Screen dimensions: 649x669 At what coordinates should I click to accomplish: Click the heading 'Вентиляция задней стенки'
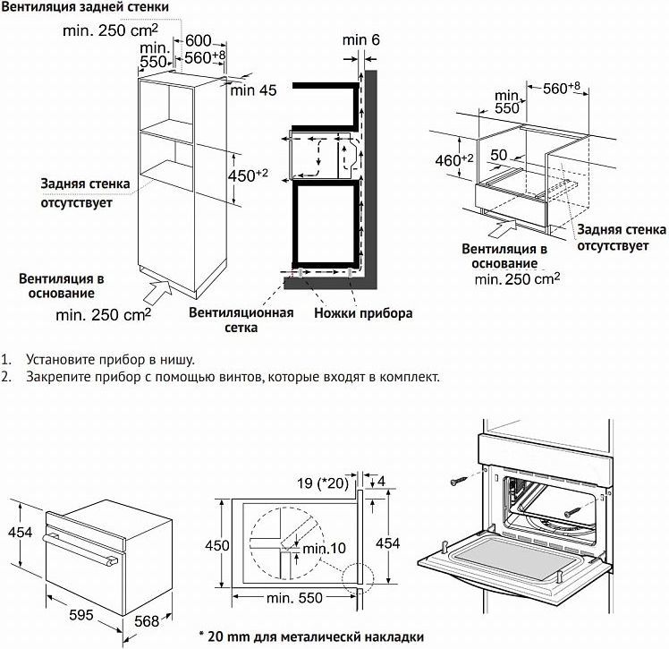[x=85, y=8]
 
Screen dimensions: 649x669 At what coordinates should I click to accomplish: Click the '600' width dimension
[x=199, y=41]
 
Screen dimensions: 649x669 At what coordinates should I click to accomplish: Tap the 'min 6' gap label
[x=361, y=40]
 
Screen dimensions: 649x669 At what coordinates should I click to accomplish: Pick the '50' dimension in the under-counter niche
[x=499, y=156]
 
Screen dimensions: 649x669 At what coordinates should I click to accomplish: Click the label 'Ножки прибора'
[x=363, y=314]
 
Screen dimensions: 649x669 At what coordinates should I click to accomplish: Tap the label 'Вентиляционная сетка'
[x=241, y=320]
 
